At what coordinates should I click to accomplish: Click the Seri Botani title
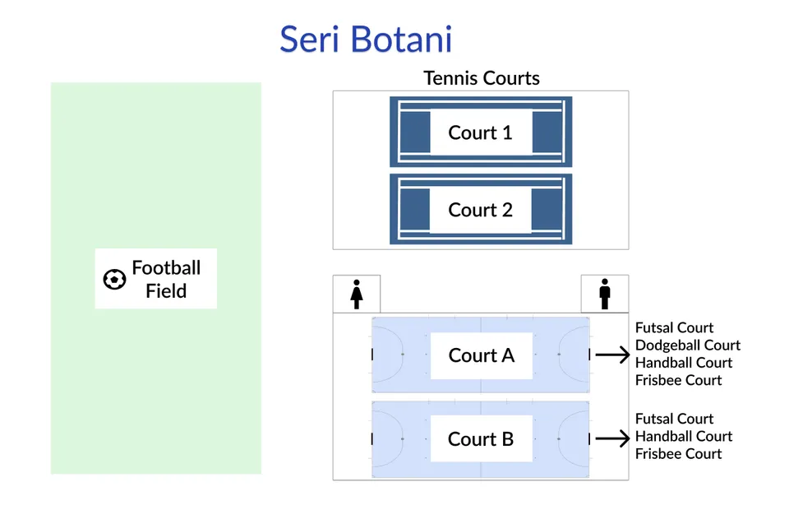coord(366,39)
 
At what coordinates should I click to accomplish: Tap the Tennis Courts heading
coord(482,78)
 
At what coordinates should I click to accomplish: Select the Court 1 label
coord(480,132)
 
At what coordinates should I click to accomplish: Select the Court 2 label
coord(480,210)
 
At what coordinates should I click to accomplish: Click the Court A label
coord(481,355)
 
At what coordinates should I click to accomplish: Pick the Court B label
coord(480,439)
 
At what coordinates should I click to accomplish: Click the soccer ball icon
coord(114,280)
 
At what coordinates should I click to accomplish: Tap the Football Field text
coord(166,280)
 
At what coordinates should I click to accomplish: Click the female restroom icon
coord(357,294)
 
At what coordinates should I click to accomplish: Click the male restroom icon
coord(605,294)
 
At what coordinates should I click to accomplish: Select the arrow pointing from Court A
coord(611,355)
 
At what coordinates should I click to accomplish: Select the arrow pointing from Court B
coord(611,439)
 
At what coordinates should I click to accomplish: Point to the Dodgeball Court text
coord(687,345)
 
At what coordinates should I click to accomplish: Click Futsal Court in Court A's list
coord(674,327)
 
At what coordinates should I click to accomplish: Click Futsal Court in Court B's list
coord(674,419)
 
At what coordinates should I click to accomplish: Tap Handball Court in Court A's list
coord(683,363)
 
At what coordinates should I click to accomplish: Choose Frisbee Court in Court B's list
coord(678,454)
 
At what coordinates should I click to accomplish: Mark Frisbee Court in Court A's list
coord(678,380)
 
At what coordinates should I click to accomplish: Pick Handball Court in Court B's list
coord(683,437)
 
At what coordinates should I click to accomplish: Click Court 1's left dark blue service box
coord(414,132)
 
